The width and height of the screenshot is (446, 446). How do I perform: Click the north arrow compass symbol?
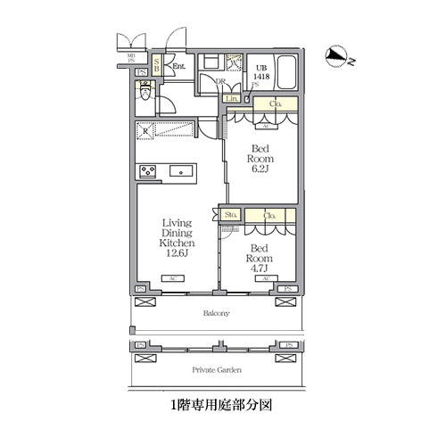338,57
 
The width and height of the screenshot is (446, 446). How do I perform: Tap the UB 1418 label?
262,73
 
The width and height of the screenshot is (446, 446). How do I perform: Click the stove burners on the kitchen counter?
147,171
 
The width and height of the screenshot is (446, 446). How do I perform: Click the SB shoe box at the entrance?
156,64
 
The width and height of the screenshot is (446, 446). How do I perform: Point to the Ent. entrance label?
178,65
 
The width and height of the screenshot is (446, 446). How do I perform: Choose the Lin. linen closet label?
231,98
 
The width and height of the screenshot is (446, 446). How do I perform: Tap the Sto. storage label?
230,215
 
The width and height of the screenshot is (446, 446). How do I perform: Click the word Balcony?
217,313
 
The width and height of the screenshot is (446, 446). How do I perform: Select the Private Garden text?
217,368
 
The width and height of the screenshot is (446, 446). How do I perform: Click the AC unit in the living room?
174,280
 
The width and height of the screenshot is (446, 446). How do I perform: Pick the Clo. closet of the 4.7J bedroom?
268,216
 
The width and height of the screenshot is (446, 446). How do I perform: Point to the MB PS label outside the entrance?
131,60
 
